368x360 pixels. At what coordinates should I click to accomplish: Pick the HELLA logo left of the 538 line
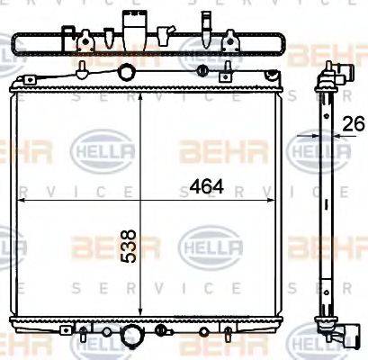96,142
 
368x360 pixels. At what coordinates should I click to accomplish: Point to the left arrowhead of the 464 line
24,203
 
